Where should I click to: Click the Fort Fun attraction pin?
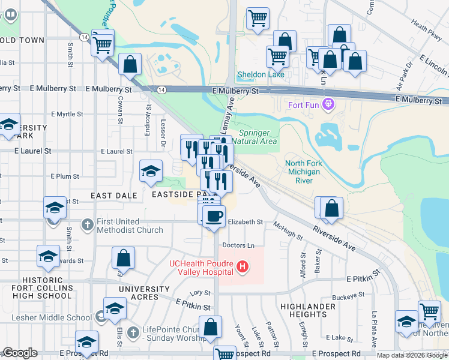click(328, 106)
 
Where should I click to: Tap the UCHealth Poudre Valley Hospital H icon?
click(243, 266)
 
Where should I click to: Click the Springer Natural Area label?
click(258, 137)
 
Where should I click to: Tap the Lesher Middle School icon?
click(100, 317)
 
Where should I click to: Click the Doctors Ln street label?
click(238, 245)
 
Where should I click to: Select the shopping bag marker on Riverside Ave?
click(331, 208)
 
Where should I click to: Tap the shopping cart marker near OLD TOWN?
click(103, 43)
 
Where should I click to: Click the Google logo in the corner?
click(20, 353)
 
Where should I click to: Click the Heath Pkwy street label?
click(427, 29)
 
